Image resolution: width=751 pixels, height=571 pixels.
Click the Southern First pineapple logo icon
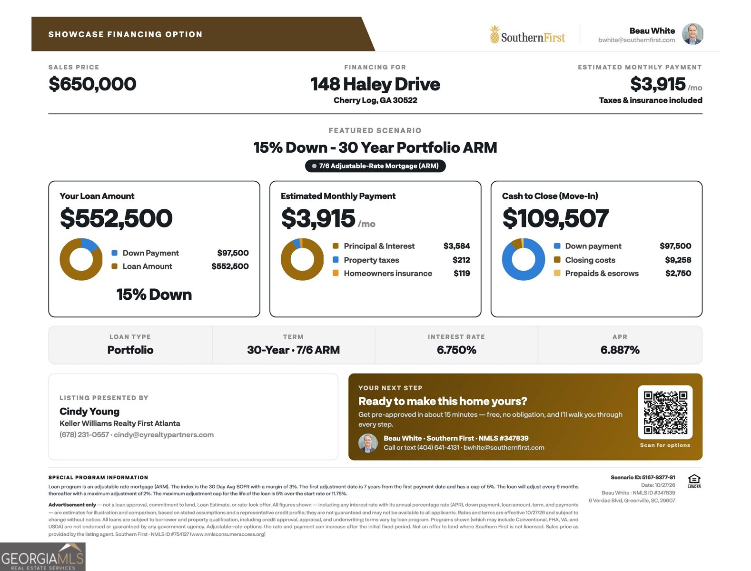pos(494,34)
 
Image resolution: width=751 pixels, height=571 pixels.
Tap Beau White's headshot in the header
pos(692,34)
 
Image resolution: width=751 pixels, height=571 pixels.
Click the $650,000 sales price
pos(92,84)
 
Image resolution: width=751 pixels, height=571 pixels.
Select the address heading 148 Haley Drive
pos(375,84)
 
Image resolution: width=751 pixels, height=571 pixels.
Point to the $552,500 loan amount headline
pos(116,218)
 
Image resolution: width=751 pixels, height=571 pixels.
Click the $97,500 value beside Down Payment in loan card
pos(233,253)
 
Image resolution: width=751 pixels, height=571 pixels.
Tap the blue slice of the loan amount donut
pos(89,245)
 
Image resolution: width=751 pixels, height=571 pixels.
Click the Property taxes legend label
pos(371,260)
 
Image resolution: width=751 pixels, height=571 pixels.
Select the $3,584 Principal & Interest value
pos(456,246)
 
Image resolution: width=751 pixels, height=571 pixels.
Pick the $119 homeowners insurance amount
pos(462,274)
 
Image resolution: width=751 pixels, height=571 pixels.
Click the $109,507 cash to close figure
pos(555,218)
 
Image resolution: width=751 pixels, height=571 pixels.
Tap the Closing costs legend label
pos(590,260)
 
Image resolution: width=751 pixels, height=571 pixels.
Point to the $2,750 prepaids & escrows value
pos(678,274)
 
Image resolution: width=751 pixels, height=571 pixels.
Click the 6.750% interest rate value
pos(456,350)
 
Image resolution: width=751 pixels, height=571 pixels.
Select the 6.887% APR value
pos(620,350)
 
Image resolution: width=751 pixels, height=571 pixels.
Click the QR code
pos(665,413)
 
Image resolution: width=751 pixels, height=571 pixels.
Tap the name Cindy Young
pos(89,411)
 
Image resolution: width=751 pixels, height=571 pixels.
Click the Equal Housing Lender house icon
pos(694,481)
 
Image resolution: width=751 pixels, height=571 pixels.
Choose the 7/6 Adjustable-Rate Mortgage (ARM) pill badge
pos(375,166)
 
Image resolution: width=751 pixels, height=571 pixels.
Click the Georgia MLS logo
pos(43,557)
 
